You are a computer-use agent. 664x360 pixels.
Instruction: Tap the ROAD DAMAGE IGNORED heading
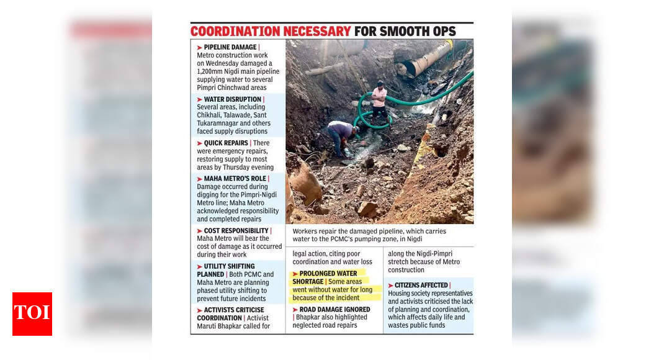tap(334, 309)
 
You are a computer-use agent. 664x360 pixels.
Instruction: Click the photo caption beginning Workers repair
tap(369, 235)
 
